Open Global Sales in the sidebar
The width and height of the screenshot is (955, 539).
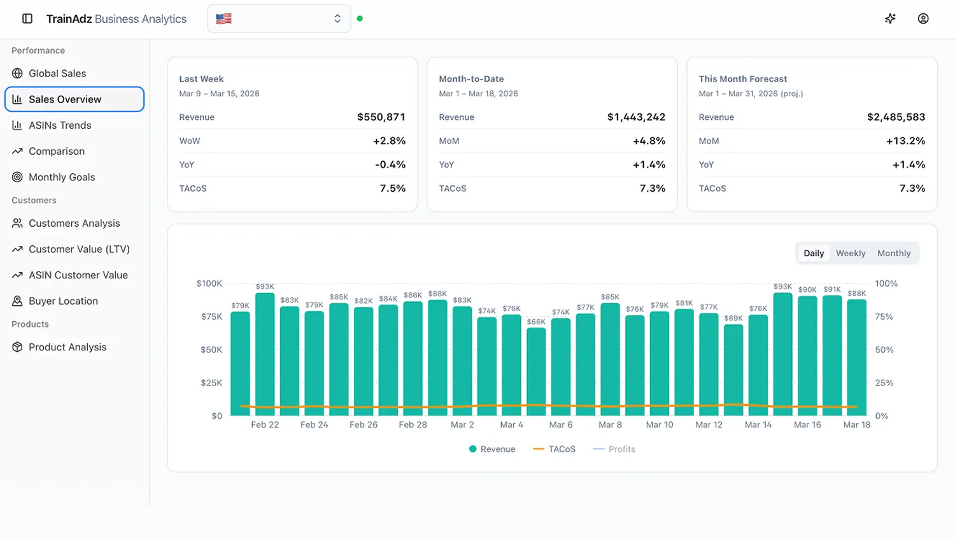tap(57, 73)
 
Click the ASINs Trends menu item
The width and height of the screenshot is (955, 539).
tap(59, 126)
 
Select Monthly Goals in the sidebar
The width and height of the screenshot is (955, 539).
tap(61, 177)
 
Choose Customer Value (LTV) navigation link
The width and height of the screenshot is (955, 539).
tap(78, 249)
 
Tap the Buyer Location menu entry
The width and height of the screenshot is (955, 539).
tap(63, 301)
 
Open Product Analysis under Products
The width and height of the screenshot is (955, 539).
tap(67, 347)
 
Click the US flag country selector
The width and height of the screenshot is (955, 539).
tap(279, 19)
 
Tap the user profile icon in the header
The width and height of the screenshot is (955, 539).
tap(923, 19)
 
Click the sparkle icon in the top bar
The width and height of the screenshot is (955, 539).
tap(890, 19)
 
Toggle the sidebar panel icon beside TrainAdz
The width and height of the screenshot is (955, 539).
tap(27, 19)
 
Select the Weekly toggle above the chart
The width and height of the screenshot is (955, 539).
tap(850, 254)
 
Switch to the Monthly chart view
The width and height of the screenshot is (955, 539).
tap(893, 254)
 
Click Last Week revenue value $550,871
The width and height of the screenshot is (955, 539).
tap(381, 117)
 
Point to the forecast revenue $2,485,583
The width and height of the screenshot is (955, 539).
tap(895, 117)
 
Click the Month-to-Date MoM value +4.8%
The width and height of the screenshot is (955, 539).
tap(649, 141)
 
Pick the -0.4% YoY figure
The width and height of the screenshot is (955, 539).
tap(390, 165)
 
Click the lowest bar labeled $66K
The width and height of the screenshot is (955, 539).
tap(536, 373)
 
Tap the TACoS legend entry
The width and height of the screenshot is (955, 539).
tap(555, 449)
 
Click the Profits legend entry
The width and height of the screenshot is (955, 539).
tap(614, 449)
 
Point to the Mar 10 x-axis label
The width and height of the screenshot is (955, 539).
tap(659, 425)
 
